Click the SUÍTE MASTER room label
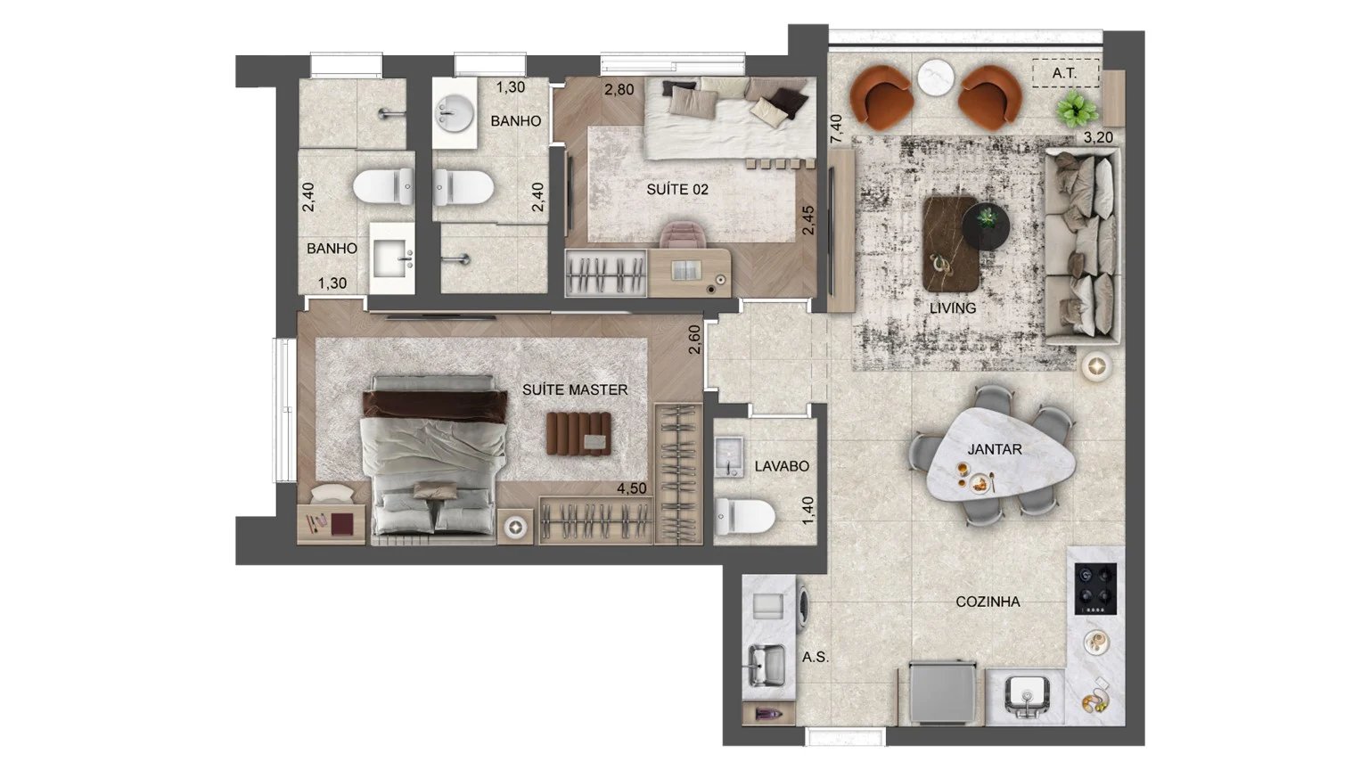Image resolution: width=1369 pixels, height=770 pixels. coord(575,390)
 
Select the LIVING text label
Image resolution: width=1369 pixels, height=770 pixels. coord(953,308)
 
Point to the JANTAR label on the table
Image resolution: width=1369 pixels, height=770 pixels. coord(995,450)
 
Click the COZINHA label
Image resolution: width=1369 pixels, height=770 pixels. coord(988,602)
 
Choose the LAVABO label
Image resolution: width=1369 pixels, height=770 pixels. coord(782,466)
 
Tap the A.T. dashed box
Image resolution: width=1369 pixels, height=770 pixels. coord(1065,73)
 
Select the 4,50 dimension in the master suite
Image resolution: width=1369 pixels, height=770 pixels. coord(632,489)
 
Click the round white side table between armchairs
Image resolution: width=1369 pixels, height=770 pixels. coord(936,77)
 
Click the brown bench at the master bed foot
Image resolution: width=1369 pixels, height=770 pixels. coord(578,434)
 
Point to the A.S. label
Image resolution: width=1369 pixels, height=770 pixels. coord(815,658)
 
